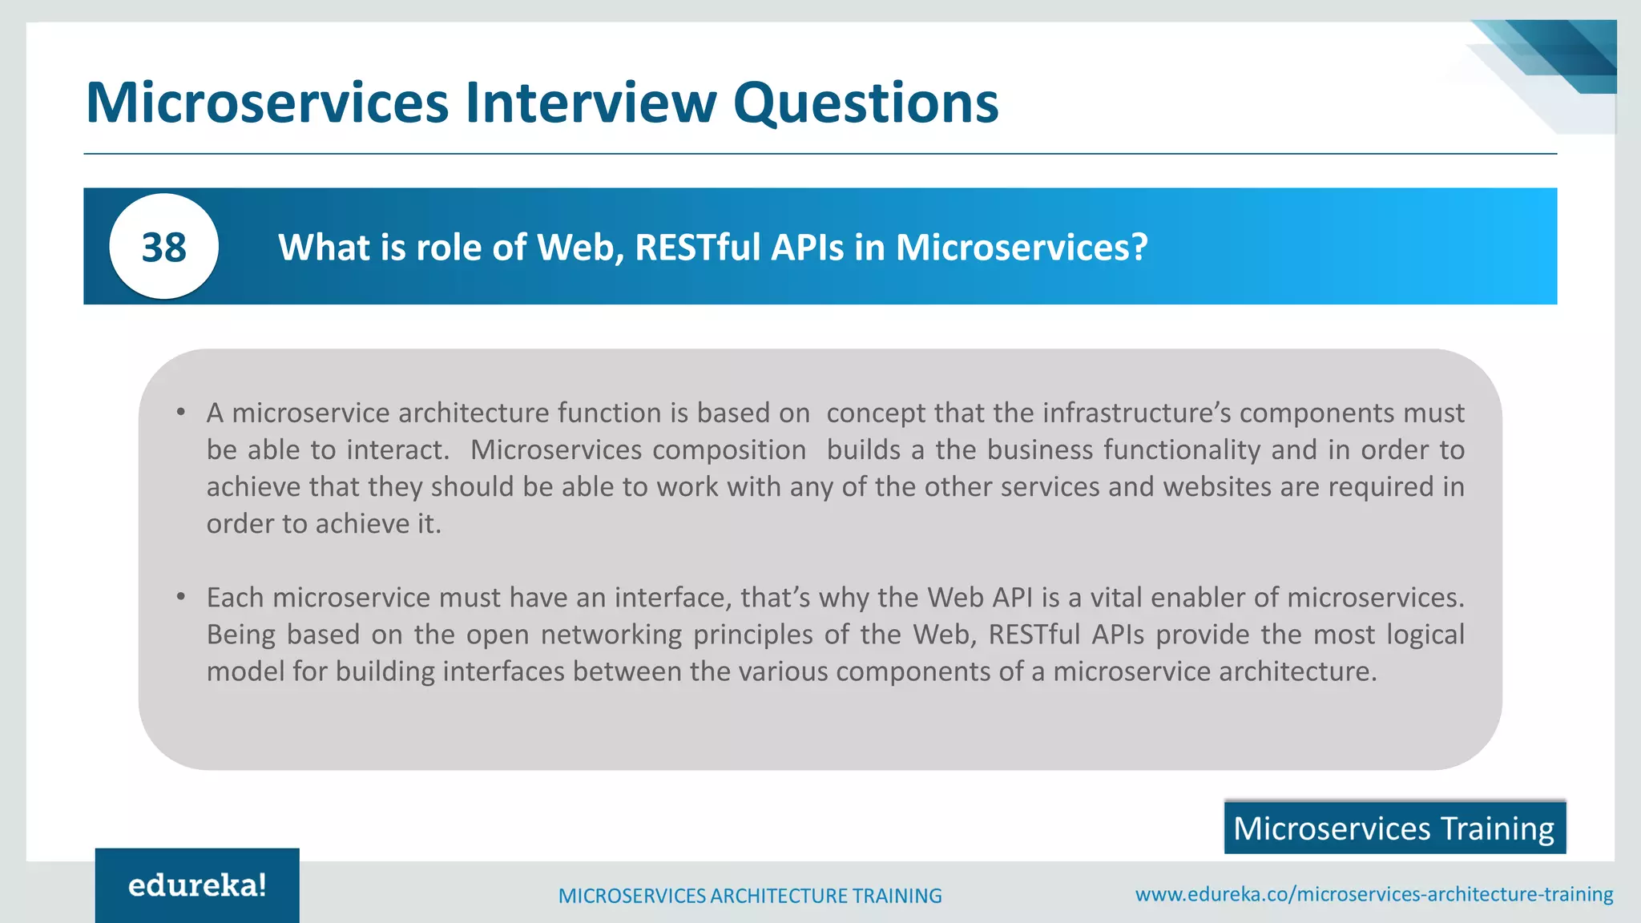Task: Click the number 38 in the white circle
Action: (x=163, y=247)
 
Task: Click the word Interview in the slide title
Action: (x=591, y=103)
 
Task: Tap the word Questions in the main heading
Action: (x=865, y=104)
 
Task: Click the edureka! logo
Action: (x=197, y=885)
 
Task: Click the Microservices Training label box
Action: (x=1394, y=828)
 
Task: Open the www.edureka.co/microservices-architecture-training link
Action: (x=1374, y=894)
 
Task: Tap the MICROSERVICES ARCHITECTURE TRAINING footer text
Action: (x=750, y=896)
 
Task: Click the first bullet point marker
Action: (x=182, y=413)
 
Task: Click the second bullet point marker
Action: (x=182, y=597)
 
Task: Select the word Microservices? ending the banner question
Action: (x=1022, y=247)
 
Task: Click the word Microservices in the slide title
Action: (x=267, y=103)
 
